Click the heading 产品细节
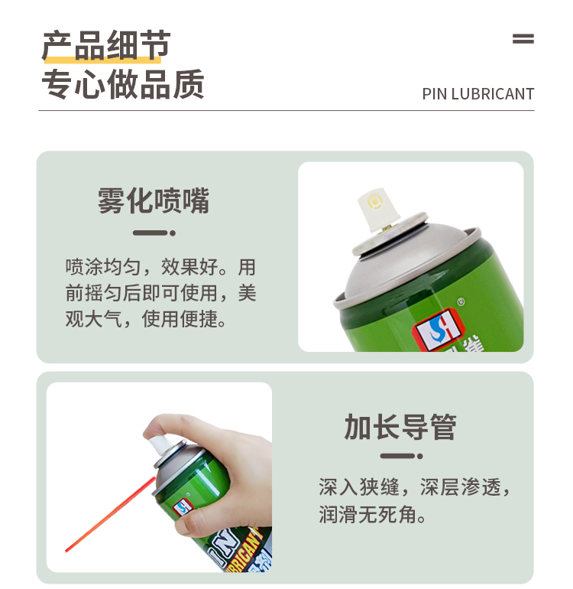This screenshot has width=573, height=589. point(106,46)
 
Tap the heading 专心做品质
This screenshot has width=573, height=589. point(123,84)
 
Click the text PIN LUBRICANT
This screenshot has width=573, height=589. point(478,94)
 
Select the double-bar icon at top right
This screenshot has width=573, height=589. point(523,39)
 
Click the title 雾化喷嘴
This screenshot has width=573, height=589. point(154,200)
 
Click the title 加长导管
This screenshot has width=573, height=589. point(400,427)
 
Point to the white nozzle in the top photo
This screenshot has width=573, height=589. point(377,210)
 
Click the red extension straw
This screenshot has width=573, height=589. point(110,514)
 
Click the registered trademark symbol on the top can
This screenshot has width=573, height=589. point(461,301)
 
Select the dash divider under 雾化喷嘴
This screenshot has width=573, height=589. point(154,233)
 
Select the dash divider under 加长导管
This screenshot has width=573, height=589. point(401,456)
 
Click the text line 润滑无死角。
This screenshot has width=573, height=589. point(373,514)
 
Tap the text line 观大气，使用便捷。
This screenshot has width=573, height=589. point(146,319)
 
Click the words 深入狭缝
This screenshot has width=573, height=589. point(359,486)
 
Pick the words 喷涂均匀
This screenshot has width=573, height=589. point(103,267)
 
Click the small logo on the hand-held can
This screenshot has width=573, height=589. point(183,506)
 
